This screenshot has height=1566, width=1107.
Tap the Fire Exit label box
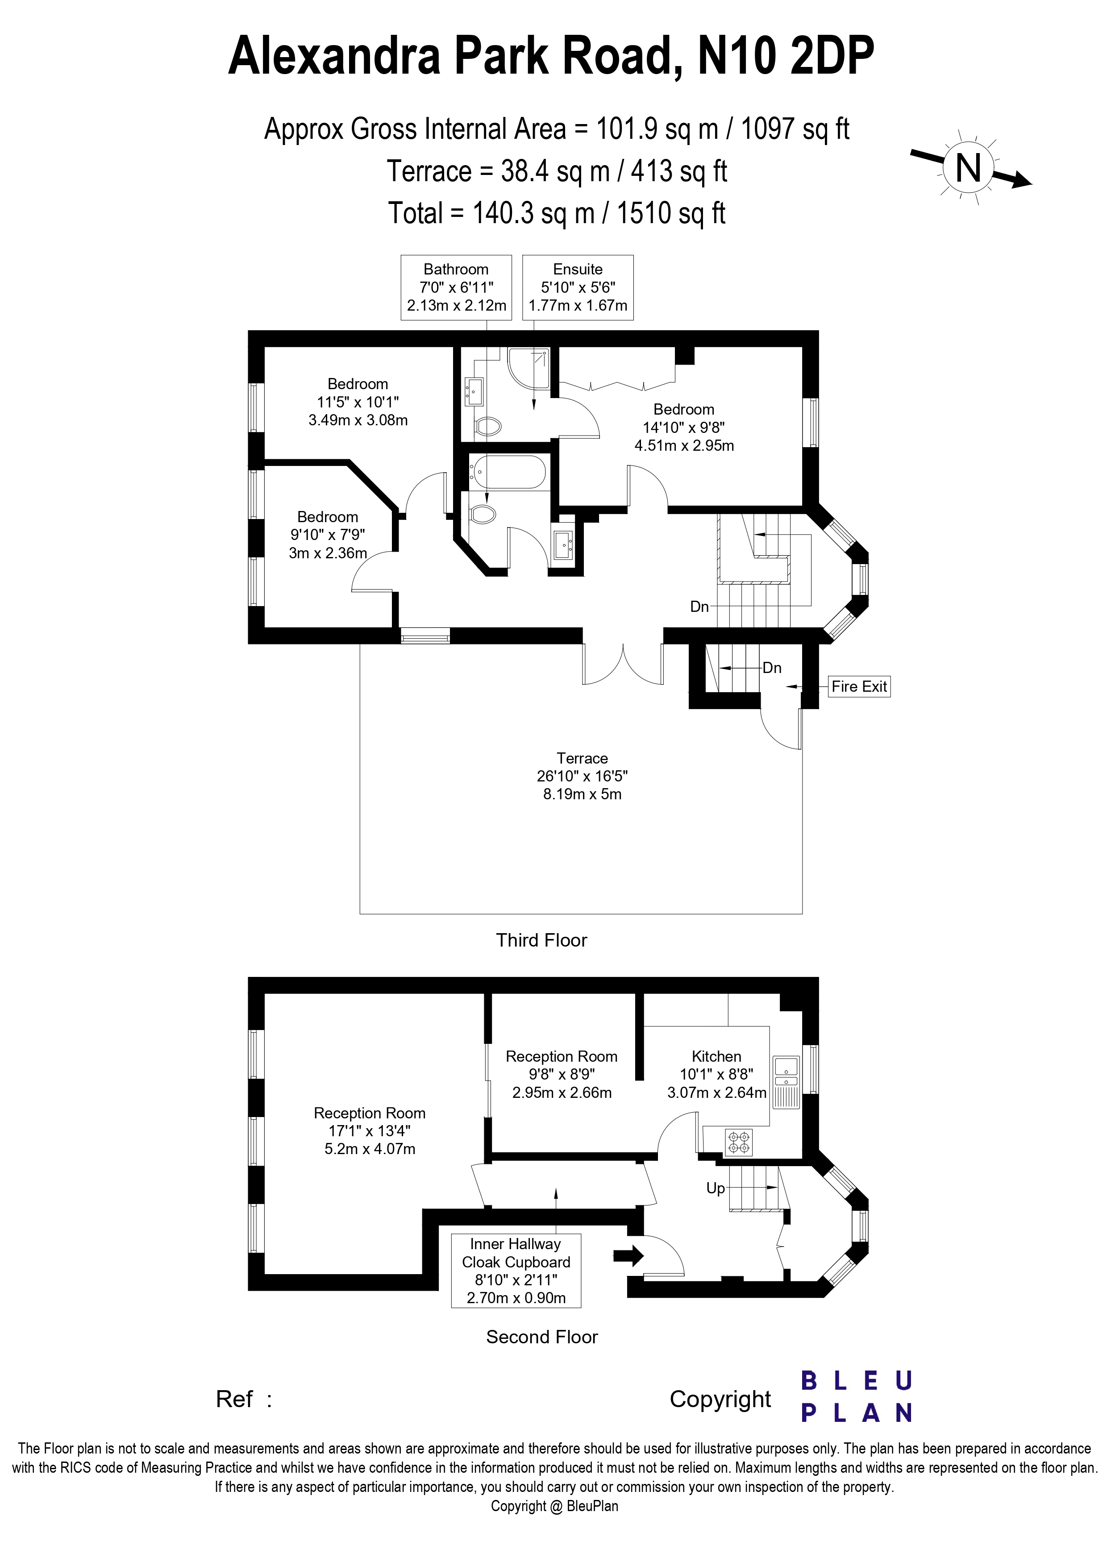[x=859, y=686]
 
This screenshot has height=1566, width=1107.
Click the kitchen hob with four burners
[x=739, y=1142]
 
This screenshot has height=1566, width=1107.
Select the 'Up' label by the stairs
[x=716, y=1188]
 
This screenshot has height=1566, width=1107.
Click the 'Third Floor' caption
[x=541, y=940]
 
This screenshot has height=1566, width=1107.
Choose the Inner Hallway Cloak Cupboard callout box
[x=516, y=1270]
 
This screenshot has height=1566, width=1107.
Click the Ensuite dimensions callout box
[x=578, y=287]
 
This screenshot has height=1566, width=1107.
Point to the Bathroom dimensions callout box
[x=456, y=287]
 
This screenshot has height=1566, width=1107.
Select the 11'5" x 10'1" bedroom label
[x=358, y=402]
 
